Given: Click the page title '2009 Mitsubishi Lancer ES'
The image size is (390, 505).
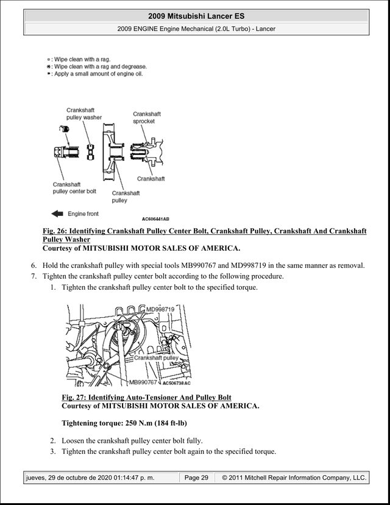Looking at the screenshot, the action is tap(196, 16).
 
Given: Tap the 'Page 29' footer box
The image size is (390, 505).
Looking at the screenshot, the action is tap(196, 478).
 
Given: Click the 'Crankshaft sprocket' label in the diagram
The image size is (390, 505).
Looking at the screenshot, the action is tap(147, 118).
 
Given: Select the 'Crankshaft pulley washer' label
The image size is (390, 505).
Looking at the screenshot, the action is tap(84, 113).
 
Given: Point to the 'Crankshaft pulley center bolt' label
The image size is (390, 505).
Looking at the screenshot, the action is tap(74, 188).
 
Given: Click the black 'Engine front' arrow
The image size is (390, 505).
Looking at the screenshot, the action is tap(57, 213).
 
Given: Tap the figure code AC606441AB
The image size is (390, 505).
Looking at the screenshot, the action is tap(155, 219).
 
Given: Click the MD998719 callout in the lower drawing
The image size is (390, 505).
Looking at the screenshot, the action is tap(160, 309).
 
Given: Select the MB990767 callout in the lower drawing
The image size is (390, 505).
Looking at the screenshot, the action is tap(143, 382).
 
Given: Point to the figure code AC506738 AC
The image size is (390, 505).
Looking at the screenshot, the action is tap(176, 383).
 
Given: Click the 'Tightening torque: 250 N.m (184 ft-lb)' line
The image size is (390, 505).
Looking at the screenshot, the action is tap(124, 423).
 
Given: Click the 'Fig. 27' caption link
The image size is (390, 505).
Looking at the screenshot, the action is tap(146, 398).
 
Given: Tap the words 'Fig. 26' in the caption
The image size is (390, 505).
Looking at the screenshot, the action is tap(54, 231).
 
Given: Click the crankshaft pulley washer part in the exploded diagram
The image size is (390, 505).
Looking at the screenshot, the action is tap(90, 152).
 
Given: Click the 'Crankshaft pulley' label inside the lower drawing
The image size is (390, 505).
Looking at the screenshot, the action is tap(156, 358).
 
